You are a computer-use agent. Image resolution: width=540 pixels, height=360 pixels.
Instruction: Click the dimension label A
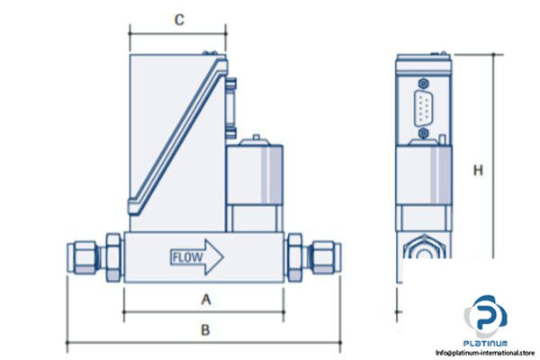205,299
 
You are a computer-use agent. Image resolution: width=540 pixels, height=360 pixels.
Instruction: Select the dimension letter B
205,329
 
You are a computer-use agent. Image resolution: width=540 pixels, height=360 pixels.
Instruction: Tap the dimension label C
179,19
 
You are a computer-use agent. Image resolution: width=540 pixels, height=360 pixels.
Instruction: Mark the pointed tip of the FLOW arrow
223,258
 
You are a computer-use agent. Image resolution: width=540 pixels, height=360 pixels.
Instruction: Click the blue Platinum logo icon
486,316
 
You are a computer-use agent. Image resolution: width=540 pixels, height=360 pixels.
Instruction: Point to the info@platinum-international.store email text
486,352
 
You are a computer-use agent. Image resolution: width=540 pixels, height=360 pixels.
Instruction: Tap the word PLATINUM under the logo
486,342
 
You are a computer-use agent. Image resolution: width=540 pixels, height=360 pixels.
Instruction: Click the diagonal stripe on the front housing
175,130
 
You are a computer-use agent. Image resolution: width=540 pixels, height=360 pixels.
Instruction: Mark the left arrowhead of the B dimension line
69,342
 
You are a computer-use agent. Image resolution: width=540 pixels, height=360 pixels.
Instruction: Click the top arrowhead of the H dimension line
494,56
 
